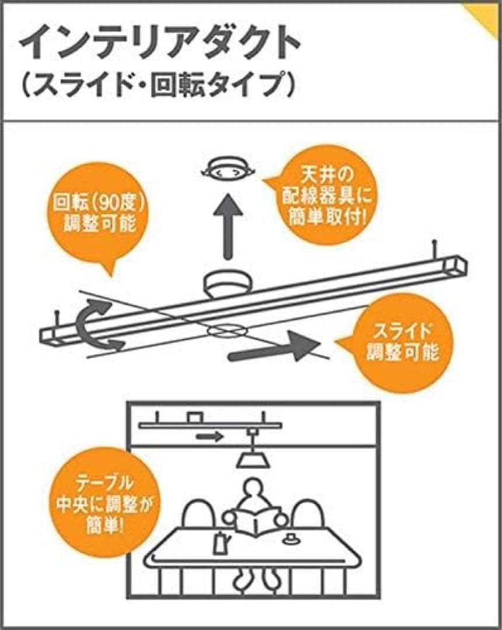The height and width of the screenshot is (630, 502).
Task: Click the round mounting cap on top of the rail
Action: pyautogui.click(x=226, y=283)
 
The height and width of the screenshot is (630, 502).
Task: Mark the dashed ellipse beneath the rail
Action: pyautogui.click(x=225, y=331)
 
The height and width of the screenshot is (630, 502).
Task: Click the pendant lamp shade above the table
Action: pyautogui.click(x=252, y=460)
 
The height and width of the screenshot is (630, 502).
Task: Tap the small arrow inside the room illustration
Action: pyautogui.click(x=210, y=436)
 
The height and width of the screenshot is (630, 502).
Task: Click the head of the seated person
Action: pyautogui.click(x=252, y=490)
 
